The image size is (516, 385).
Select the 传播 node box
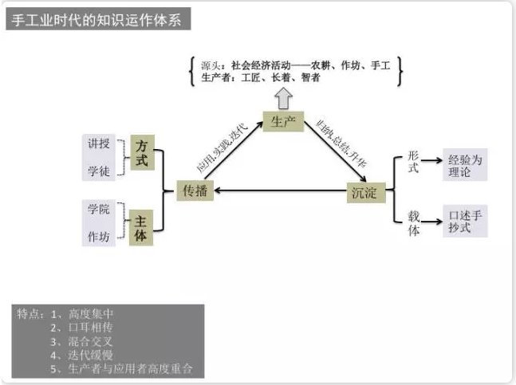(x=195, y=191)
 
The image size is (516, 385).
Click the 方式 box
(x=142, y=153)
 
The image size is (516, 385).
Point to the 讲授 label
(x=97, y=143)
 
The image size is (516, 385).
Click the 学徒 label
(x=97, y=171)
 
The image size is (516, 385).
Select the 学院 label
(x=97, y=210)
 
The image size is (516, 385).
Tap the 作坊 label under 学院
(x=97, y=237)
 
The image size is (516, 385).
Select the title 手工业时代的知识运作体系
(x=99, y=20)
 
